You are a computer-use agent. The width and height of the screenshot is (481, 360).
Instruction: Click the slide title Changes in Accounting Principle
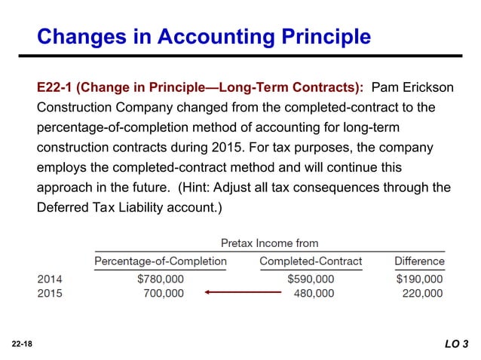click(204, 36)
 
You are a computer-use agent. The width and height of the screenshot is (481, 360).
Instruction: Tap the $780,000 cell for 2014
click(160, 279)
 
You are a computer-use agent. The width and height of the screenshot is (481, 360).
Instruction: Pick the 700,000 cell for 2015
click(163, 293)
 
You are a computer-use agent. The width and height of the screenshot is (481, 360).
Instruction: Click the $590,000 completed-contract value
click(311, 279)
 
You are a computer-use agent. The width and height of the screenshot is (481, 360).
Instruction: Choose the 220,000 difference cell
click(422, 293)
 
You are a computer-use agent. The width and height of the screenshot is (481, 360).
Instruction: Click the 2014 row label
click(50, 279)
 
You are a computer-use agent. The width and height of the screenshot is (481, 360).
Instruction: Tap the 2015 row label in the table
click(50, 293)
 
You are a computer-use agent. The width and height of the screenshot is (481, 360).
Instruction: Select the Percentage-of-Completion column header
click(160, 261)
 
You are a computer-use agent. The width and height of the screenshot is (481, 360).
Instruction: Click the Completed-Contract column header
click(311, 261)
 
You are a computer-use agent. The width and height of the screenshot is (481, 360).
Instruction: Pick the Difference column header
click(419, 261)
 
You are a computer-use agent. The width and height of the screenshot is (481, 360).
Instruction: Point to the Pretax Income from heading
click(269, 243)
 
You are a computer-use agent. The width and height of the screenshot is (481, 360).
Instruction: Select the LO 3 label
click(455, 344)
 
